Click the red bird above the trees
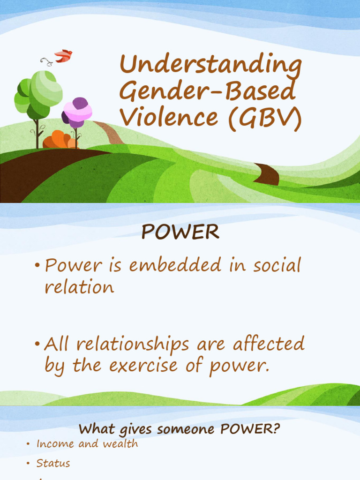tap(63, 56)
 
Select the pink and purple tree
tap(77, 112)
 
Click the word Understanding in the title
tap(210, 66)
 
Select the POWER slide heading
tap(180, 232)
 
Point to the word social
tap(277, 266)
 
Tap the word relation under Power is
tap(79, 286)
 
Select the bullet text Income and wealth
tap(87, 443)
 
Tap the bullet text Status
tap(53, 463)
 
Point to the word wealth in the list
tap(123, 443)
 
